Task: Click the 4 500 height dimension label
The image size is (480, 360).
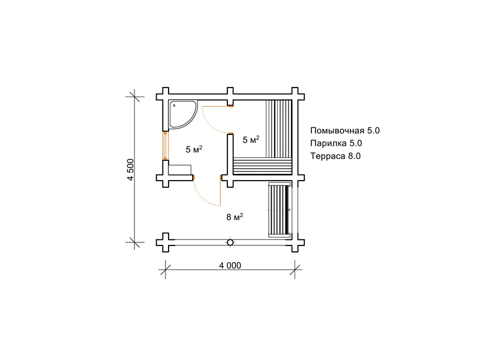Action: (x=131, y=170)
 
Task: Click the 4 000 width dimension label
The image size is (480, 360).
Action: (x=230, y=265)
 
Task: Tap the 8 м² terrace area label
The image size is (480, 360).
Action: (x=235, y=217)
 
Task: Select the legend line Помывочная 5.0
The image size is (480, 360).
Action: (x=345, y=131)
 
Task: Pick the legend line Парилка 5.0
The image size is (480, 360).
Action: (x=336, y=143)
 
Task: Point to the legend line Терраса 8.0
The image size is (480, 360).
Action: (x=335, y=156)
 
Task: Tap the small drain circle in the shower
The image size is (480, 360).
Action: (x=174, y=106)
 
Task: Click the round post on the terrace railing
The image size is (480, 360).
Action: (x=230, y=242)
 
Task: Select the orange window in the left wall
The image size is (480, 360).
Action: (x=166, y=146)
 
